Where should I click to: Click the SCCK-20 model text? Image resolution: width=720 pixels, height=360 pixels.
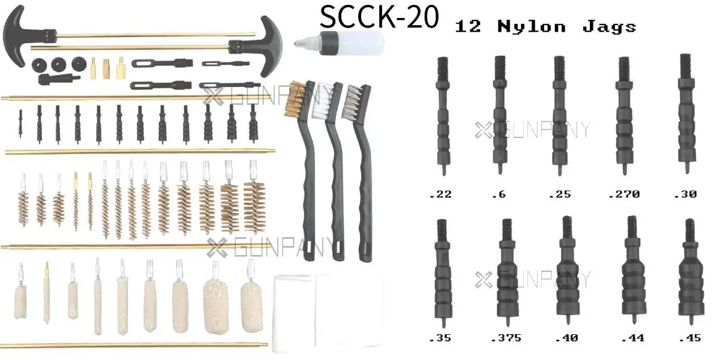click(379, 16)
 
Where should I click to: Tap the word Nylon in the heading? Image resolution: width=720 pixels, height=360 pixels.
click(532, 26)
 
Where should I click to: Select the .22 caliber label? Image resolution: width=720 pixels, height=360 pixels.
click(440, 194)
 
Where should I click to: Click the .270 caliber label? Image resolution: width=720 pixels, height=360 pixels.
click(624, 194)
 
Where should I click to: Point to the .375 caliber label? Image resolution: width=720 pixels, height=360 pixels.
click(506, 338)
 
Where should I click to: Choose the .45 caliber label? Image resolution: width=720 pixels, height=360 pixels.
click(690, 338)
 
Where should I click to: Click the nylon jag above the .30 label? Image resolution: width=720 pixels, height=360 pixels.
click(686, 114)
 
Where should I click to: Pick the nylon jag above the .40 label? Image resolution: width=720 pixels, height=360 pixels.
click(568, 270)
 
